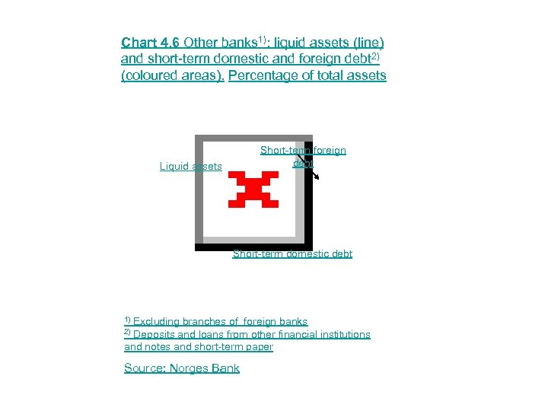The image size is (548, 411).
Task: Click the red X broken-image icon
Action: pos(253,190)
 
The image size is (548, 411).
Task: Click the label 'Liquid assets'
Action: pos(190,167)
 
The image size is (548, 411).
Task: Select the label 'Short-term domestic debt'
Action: pos(292,254)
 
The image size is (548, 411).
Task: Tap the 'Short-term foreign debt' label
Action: pos(303,151)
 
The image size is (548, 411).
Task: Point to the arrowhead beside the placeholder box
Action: pos(316,177)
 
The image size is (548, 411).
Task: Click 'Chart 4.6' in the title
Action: pos(151,43)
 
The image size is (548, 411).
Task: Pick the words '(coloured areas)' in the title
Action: pos(172,76)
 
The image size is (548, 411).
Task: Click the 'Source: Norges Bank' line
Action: pos(182,368)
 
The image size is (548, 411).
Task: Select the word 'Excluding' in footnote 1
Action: pos(158,322)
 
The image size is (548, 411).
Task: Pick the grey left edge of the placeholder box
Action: pos(199,190)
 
